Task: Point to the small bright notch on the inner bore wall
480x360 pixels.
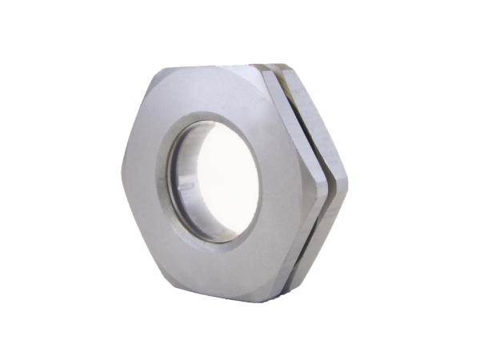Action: click(185, 190)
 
